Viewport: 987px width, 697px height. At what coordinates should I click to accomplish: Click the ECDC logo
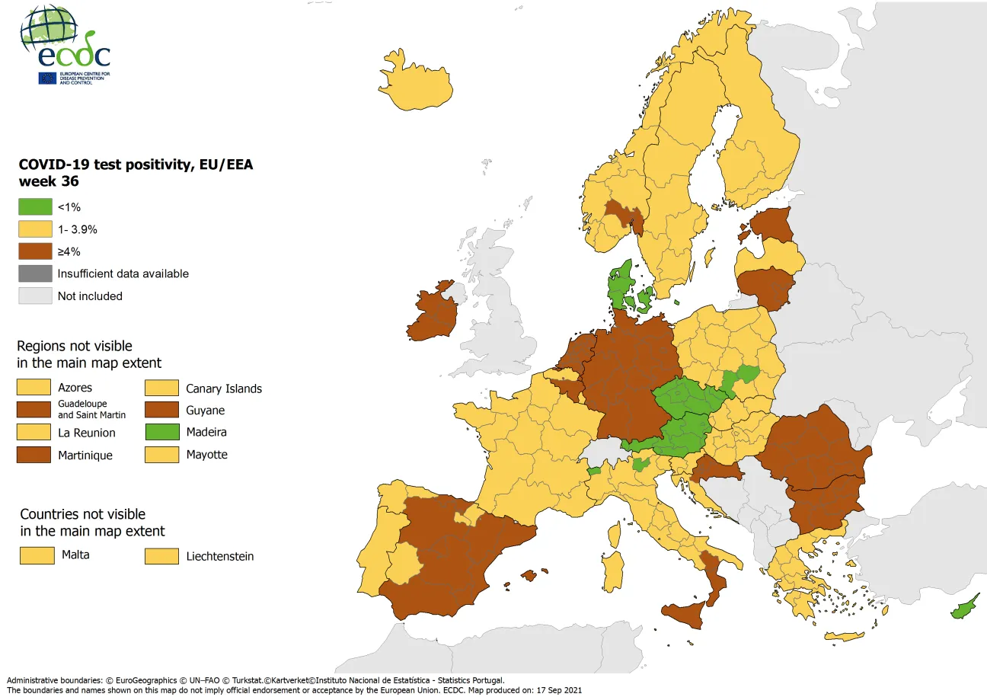point(65,46)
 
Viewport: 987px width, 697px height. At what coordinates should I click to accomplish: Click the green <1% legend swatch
point(35,206)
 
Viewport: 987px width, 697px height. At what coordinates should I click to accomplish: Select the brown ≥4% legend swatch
point(35,251)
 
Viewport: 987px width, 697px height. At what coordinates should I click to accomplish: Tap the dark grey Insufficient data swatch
point(35,273)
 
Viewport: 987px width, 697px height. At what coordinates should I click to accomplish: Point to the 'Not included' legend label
point(90,296)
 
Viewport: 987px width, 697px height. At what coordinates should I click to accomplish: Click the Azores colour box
point(35,388)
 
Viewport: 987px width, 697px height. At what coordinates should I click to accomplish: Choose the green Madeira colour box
point(161,433)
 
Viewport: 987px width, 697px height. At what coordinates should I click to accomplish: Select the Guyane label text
point(206,411)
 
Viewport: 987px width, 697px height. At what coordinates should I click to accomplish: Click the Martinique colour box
point(35,456)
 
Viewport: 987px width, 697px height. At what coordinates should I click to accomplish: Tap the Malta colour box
point(37,555)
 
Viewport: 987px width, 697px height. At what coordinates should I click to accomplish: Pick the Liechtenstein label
point(220,557)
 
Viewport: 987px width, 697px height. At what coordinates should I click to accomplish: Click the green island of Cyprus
point(961,609)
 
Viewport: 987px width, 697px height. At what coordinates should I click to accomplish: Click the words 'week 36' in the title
point(49,182)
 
